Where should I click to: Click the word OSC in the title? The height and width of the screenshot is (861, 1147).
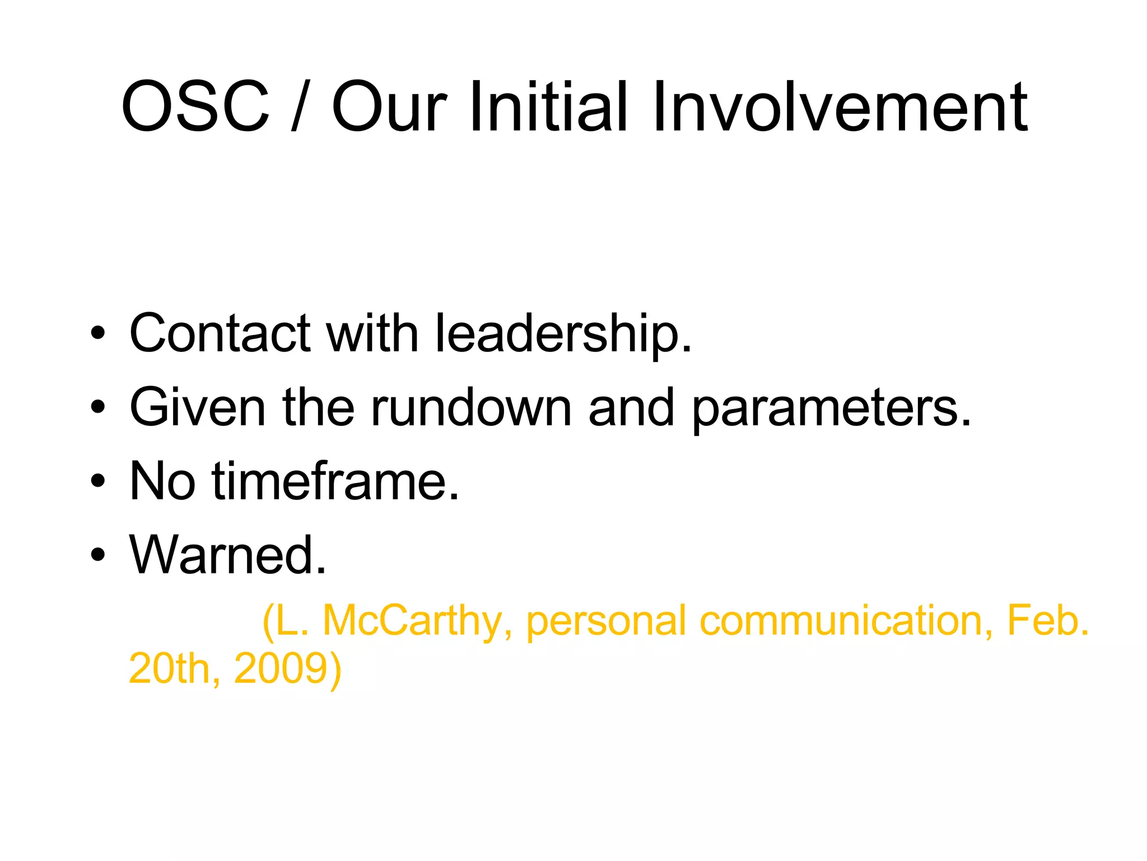pos(195,107)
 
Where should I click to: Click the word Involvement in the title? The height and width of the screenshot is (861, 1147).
pos(840,107)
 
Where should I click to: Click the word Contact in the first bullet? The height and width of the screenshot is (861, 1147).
pos(220,333)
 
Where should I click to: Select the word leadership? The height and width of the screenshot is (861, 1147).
pos(563,334)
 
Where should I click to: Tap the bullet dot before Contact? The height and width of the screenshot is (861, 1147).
pos(98,333)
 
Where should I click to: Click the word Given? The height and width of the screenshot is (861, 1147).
pos(197,408)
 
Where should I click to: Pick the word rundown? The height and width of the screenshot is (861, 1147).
pos(471,408)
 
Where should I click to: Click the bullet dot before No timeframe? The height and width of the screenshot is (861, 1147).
pos(98,481)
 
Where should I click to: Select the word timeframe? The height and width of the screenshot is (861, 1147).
pos(334,481)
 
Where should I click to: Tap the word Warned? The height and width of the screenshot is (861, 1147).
pos(227,555)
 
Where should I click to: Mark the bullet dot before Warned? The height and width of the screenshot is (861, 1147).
pos(98,555)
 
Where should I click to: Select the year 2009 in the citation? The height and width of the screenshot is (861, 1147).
pos(287,668)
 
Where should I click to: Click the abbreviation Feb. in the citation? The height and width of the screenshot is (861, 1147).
pos(1048,621)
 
